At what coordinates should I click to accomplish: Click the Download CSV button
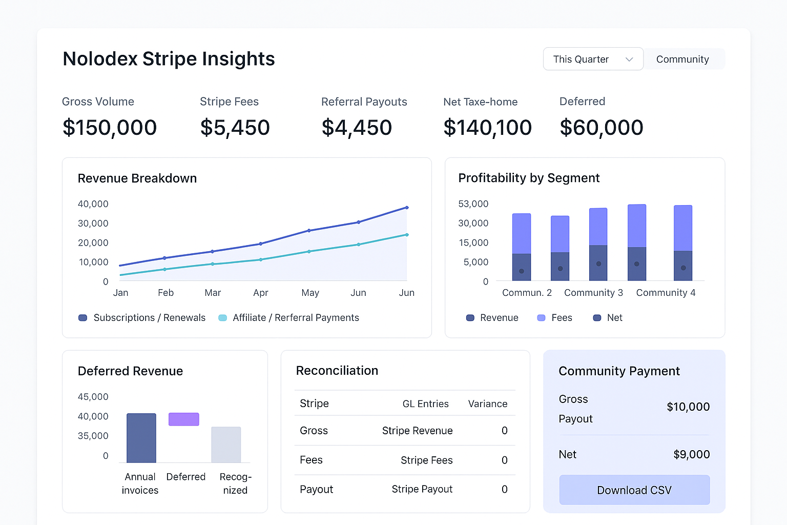coord(634,490)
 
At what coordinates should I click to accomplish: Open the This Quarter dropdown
coord(593,59)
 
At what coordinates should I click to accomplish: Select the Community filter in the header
coord(682,59)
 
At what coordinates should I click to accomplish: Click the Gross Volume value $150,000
coord(110,128)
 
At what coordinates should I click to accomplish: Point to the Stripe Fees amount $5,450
coord(235,128)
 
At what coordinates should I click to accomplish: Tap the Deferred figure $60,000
coord(601,128)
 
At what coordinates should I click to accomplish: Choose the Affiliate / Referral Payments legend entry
coord(295,318)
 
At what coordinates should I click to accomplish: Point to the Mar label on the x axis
coord(213,293)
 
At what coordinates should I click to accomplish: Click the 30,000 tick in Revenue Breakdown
coord(93,224)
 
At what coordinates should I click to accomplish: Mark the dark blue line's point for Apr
coord(261,244)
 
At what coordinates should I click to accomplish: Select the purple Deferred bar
coord(184,419)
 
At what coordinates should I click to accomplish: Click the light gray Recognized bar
coord(226,445)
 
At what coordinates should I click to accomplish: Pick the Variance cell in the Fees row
coord(504,460)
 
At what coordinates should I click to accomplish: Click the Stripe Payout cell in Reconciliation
coord(422,490)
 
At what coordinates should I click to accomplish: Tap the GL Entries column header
coord(425,404)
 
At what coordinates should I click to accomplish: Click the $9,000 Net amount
coord(691,455)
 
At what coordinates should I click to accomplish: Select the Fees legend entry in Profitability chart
coord(561,318)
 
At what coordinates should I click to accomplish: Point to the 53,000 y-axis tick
coord(473,204)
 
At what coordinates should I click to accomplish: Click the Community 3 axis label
coord(593,293)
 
